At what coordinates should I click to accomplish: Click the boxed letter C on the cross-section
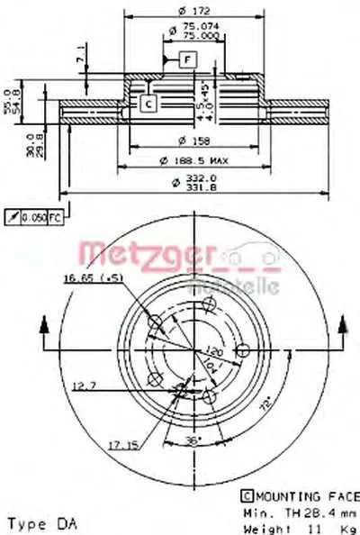[148, 104]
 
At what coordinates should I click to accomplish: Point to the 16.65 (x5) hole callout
[94, 279]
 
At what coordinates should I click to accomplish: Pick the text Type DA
[36, 521]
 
